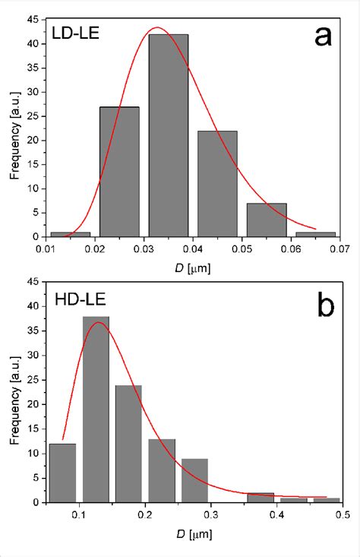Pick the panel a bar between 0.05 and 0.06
coord(267,220)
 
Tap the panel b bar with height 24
coord(129,444)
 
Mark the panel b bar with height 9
coord(195,480)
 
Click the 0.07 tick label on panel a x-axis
coord(340,248)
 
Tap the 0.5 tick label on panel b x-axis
coord(341,514)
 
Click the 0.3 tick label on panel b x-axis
coord(210,514)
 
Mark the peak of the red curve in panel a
coord(157,27)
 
